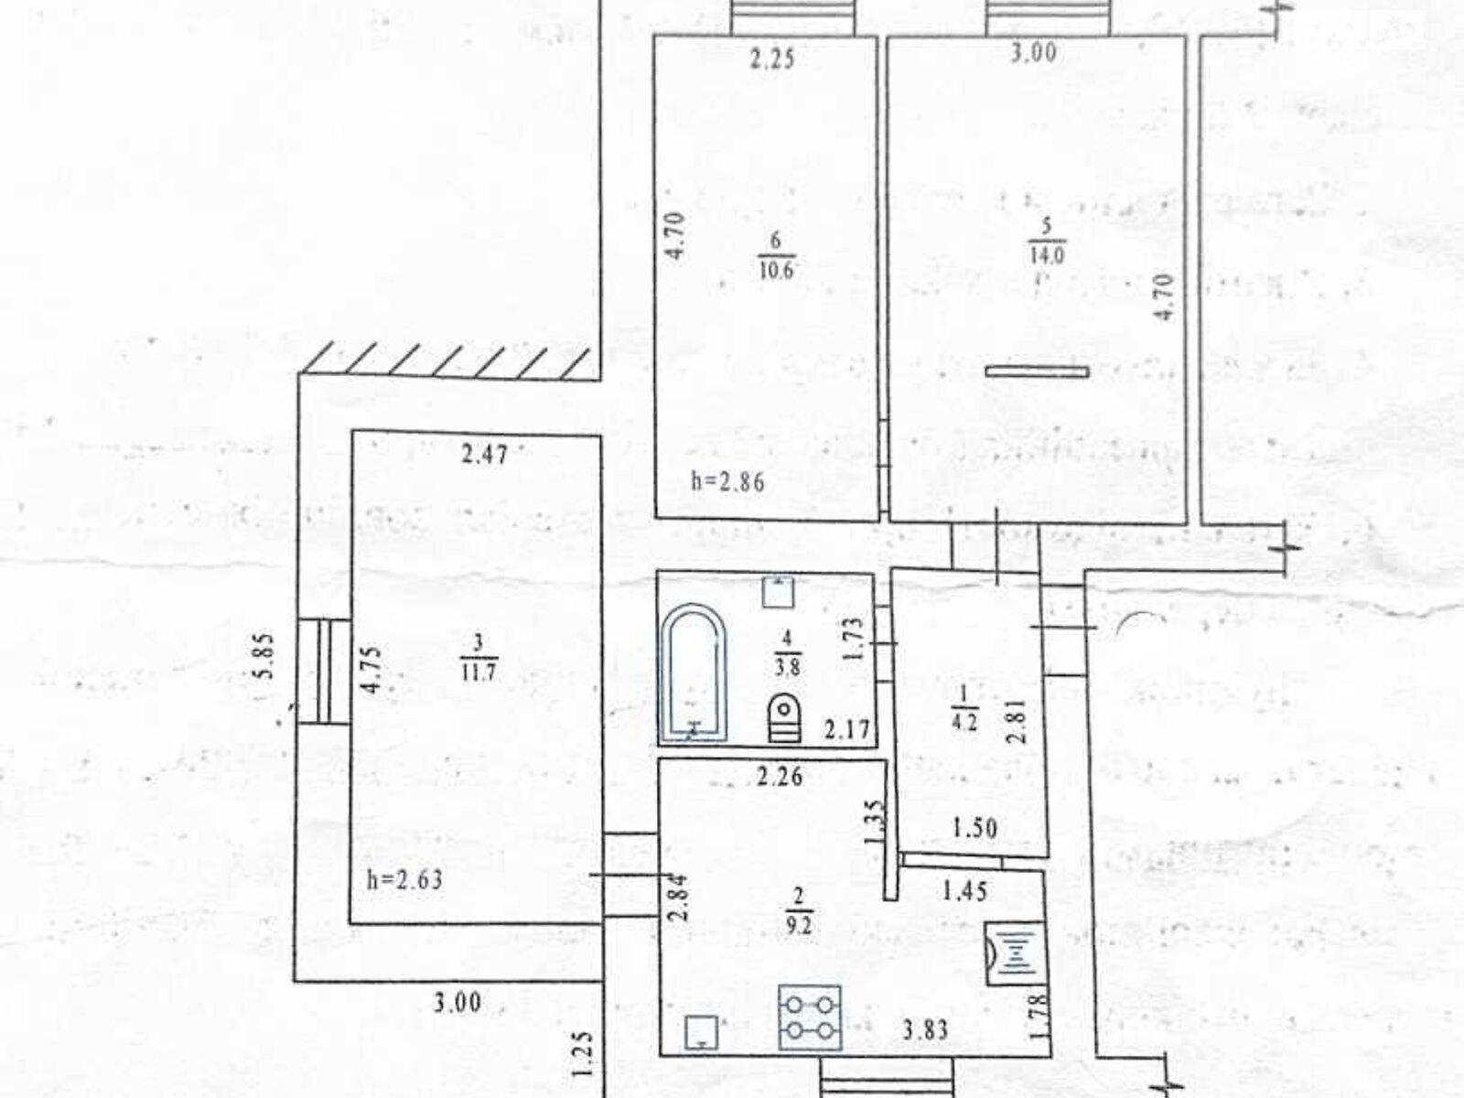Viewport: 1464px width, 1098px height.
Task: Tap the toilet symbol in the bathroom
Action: tap(784, 716)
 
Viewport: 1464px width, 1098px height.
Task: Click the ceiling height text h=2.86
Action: tap(727, 482)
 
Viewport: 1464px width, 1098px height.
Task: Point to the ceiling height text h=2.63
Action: tap(404, 881)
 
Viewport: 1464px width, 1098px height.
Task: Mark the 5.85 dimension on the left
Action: tap(265, 656)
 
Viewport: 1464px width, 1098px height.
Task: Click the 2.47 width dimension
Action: tap(484, 455)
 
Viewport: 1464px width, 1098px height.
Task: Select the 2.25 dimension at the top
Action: tap(773, 60)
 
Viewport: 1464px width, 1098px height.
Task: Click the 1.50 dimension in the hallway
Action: tap(974, 828)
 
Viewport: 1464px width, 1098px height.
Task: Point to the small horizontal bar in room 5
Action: tap(1037, 371)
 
